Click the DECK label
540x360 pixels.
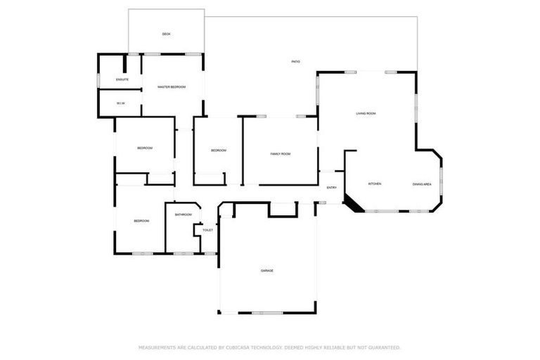click(x=167, y=34)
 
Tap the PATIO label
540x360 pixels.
click(x=296, y=62)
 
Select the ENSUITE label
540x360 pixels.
click(x=122, y=79)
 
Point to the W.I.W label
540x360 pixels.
click(x=121, y=103)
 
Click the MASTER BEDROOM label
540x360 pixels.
click(x=172, y=86)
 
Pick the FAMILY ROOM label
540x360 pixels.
click(x=281, y=153)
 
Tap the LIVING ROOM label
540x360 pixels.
click(x=366, y=113)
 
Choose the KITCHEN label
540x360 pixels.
click(x=375, y=184)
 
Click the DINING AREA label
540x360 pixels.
click(x=422, y=184)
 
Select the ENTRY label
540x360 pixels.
click(x=332, y=188)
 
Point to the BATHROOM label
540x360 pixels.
click(x=184, y=214)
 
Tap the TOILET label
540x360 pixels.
click(x=207, y=230)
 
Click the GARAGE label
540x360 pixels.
click(x=267, y=271)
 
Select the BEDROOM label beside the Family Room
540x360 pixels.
click(x=219, y=150)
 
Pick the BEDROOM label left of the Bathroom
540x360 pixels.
click(x=141, y=221)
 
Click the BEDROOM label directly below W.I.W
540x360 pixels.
click(x=145, y=148)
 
